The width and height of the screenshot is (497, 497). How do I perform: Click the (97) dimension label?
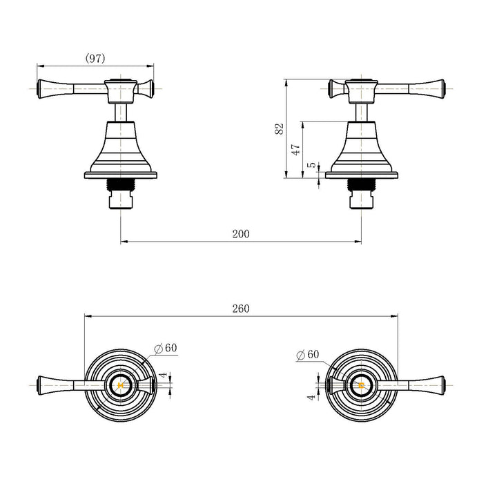(95, 58)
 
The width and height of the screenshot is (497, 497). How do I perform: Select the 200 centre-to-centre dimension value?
(241, 234)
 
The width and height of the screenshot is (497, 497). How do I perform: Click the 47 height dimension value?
(295, 150)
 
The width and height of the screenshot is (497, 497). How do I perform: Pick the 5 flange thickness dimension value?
(312, 166)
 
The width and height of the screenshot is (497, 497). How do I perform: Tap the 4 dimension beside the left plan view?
(164, 376)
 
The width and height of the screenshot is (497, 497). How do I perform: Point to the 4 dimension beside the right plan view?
(312, 397)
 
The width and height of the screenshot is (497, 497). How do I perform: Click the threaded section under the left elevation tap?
(121, 185)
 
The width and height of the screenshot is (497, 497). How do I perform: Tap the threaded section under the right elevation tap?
(362, 185)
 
